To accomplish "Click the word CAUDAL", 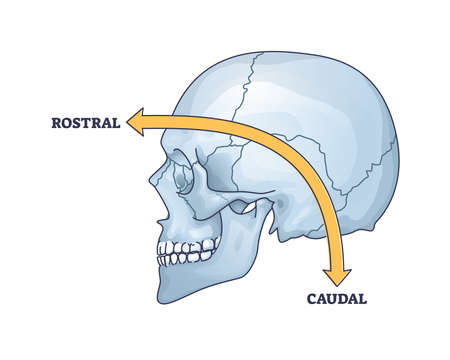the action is pos(337,297).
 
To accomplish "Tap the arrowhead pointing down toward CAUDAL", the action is pos(334,266).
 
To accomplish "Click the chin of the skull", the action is pos(170,285).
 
